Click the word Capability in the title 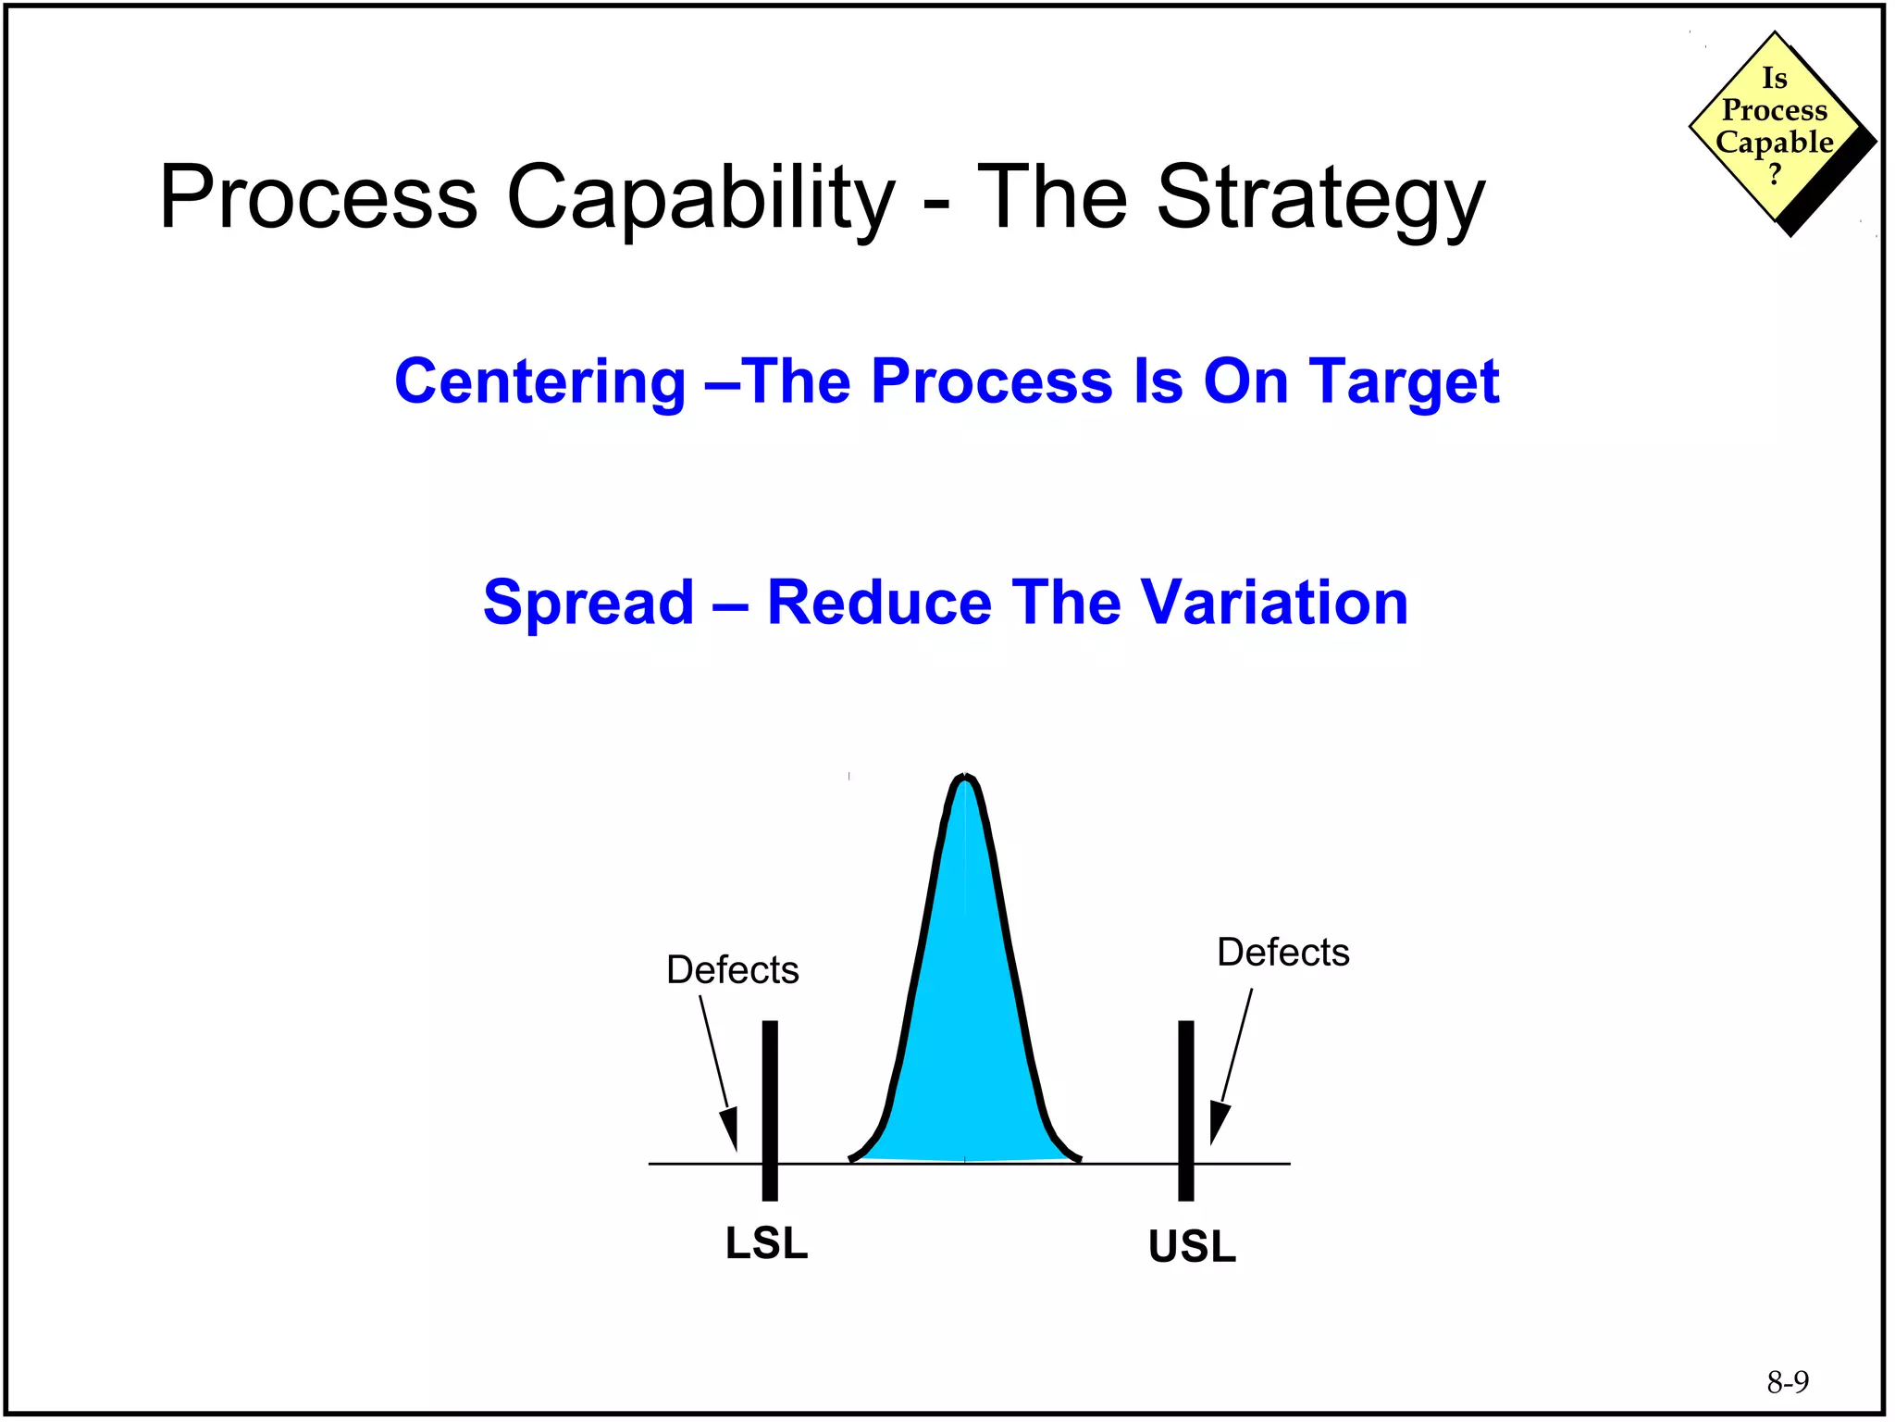(x=700, y=199)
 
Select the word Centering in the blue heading (x=539, y=382)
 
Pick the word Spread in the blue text (x=588, y=603)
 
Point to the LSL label (x=766, y=1243)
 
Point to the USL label (x=1192, y=1246)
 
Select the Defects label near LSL (x=732, y=970)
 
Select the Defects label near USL (x=1282, y=953)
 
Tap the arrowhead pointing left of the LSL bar (x=730, y=1129)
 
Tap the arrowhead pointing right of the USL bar (x=1219, y=1124)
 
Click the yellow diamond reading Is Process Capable (x=1774, y=127)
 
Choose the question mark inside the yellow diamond (x=1774, y=174)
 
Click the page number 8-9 (x=1788, y=1382)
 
